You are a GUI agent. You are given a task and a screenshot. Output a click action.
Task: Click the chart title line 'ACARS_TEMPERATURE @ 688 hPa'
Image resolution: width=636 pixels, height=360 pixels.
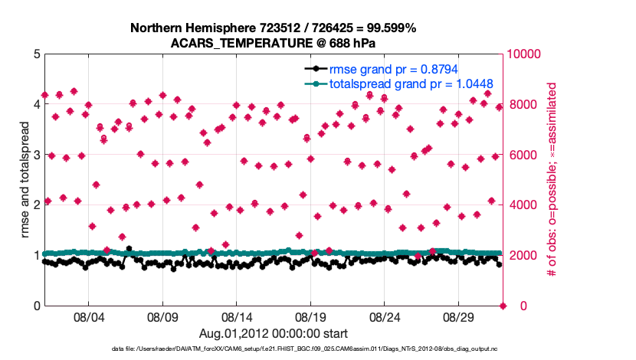[x=274, y=43]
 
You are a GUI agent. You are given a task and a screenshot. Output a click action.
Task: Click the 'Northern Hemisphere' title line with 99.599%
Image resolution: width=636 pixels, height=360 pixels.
[x=274, y=28]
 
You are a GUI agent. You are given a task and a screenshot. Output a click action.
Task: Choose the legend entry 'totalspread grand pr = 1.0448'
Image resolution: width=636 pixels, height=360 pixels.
[x=411, y=83]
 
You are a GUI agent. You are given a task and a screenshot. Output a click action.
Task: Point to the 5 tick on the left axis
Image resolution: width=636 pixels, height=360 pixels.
[x=37, y=54]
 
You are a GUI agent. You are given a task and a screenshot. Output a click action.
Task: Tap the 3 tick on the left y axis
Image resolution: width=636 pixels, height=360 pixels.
[x=37, y=155]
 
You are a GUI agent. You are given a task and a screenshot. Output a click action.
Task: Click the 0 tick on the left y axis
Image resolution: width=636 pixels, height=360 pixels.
[x=37, y=306]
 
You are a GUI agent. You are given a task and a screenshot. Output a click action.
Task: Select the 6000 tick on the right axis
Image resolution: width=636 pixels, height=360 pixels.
[x=522, y=155]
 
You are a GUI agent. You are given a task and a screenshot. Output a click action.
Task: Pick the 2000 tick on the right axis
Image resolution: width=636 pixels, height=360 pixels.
[x=522, y=256]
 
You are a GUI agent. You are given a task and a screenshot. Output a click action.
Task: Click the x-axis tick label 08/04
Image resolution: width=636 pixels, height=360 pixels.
[x=87, y=317]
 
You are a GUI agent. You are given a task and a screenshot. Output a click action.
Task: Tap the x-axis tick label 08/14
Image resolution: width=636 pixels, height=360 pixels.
[x=237, y=317]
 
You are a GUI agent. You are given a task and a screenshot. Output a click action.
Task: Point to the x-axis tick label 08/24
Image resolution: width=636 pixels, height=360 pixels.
[x=386, y=317]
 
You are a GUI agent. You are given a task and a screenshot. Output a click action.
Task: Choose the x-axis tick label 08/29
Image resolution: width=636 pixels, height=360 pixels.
[x=461, y=317]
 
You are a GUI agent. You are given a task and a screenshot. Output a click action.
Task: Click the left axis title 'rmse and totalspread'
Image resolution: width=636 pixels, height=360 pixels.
[x=23, y=180]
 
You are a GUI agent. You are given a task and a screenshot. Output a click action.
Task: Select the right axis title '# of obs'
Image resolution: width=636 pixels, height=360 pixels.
[x=551, y=180]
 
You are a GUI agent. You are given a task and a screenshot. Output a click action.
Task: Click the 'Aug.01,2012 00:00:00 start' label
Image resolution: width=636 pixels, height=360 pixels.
[x=274, y=333]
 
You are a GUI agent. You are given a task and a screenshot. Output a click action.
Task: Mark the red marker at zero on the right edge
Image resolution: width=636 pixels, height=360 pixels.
[x=503, y=306]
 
